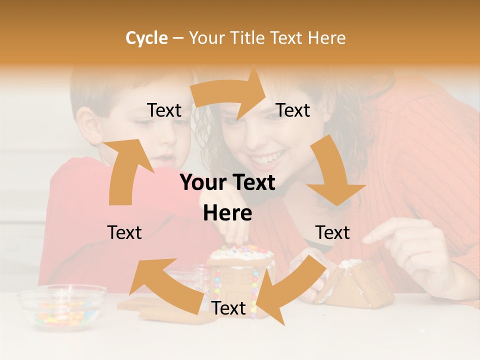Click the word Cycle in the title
click(146, 38)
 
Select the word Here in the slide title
click(326, 38)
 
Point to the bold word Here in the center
click(227, 213)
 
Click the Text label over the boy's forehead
click(164, 110)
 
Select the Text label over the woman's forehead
click(293, 110)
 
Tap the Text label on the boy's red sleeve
click(124, 232)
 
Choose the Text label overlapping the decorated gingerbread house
click(228, 308)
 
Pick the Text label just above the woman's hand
click(332, 232)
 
